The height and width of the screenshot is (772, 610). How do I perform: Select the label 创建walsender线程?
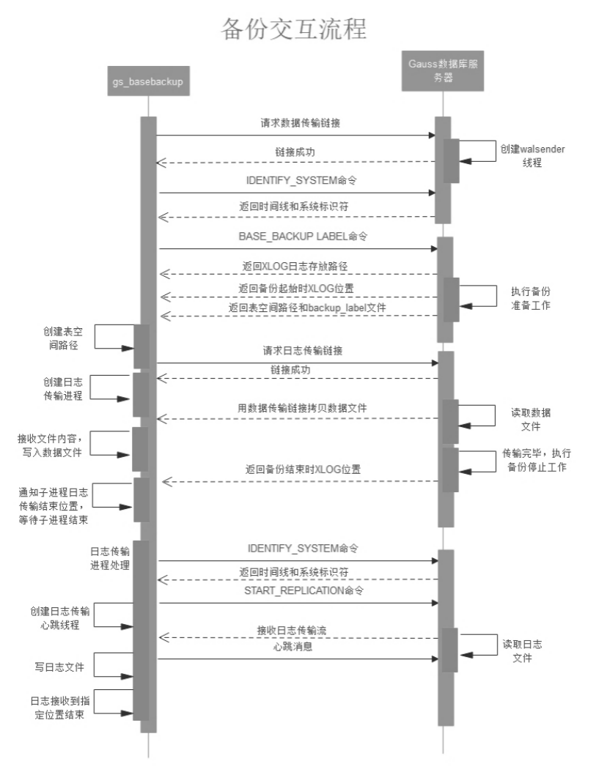pyautogui.click(x=533, y=156)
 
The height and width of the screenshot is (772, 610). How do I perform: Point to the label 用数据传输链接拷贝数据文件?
pyautogui.click(x=299, y=408)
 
